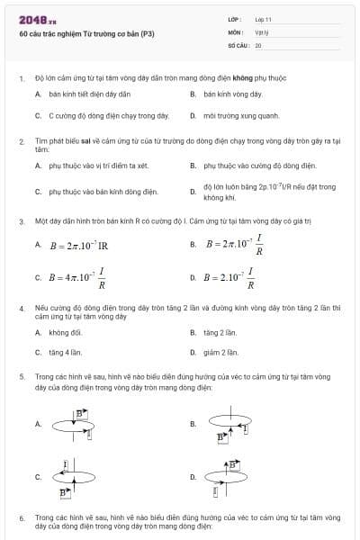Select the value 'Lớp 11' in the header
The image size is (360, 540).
263,19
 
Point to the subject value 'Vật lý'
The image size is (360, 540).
262,31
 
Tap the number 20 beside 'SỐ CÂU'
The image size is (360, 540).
258,44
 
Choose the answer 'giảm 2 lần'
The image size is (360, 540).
220,352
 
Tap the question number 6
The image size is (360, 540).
22,518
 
